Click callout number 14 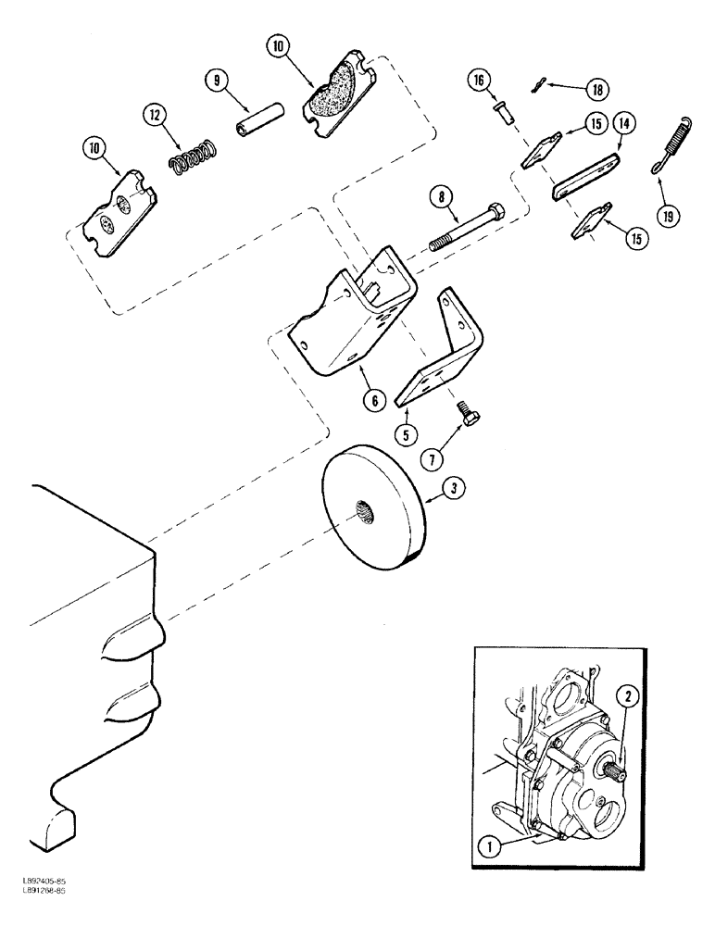tap(621, 121)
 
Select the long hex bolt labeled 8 tap(468, 226)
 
